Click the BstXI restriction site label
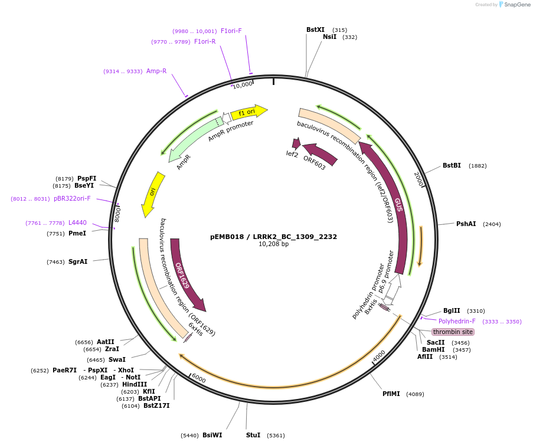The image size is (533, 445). pos(315,30)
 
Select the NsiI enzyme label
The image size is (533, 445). pos(329,37)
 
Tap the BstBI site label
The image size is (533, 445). pos(452,165)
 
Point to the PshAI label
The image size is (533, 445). pos(466,224)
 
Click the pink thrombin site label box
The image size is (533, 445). pos(453,332)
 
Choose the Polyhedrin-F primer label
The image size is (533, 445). pos(457,321)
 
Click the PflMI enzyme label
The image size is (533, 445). pos(391,394)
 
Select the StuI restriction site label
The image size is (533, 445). pos(253,435)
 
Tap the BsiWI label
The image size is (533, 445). pos(212,435)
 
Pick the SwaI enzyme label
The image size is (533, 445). pos(117,359)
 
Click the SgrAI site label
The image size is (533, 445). pos(78,261)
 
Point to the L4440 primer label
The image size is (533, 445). pos(77,222)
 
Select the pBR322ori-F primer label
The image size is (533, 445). pos(72,198)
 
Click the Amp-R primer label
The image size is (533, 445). pos(156,71)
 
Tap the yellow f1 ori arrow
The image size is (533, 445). pos(248,112)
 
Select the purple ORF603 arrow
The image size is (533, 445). pos(319,155)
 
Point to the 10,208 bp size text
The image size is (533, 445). pos(274,244)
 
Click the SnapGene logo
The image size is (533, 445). pos(512,5)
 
